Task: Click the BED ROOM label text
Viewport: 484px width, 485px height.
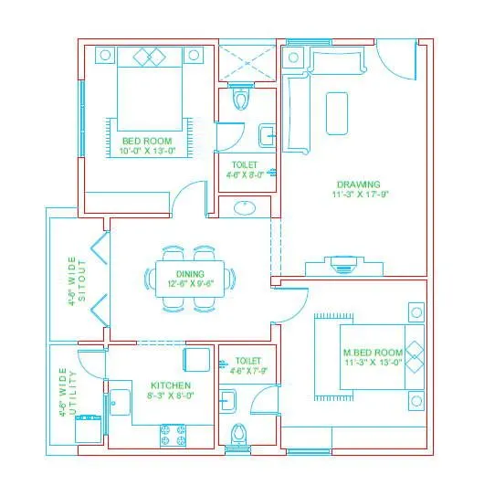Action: (x=147, y=142)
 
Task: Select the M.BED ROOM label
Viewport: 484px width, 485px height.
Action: (x=373, y=353)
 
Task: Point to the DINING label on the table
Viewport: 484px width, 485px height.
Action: (x=191, y=273)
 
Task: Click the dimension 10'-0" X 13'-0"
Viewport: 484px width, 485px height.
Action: (x=147, y=153)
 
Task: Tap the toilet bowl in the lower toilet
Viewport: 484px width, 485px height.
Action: (x=240, y=436)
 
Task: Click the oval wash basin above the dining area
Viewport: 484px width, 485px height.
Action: (x=245, y=207)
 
